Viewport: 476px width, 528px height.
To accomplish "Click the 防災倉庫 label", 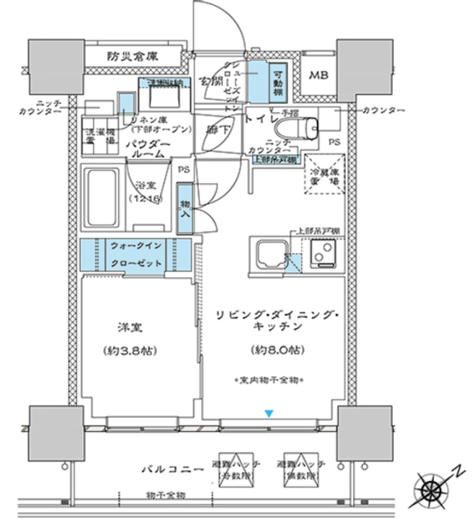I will click(132, 56).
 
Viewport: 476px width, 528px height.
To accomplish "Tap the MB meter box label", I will click(318, 75).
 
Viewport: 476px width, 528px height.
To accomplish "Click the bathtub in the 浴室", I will click(102, 197).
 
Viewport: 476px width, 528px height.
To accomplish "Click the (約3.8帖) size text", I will click(131, 351).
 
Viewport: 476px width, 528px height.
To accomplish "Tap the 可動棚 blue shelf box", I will click(278, 81).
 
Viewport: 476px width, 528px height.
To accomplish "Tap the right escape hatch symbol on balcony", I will click(298, 469).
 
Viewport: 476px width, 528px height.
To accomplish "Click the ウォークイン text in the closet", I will click(135, 245).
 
